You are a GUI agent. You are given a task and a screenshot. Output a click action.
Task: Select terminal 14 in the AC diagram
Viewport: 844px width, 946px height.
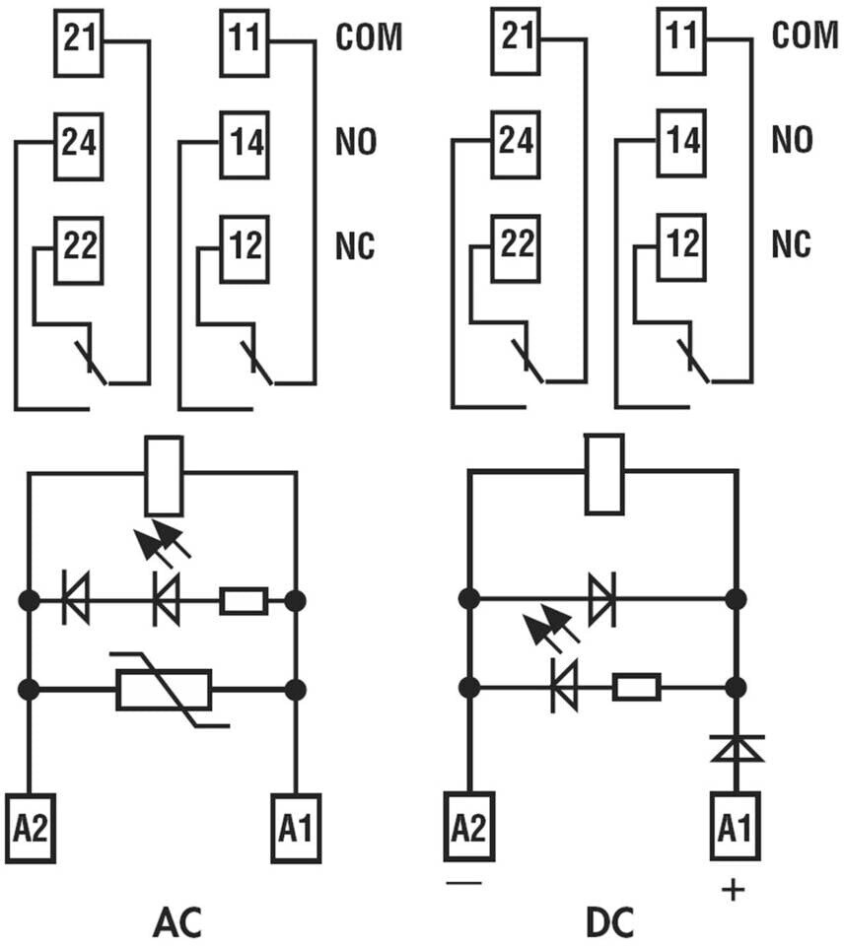pos(244,143)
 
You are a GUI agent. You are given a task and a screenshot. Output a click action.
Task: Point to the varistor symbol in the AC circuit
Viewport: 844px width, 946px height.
pos(164,690)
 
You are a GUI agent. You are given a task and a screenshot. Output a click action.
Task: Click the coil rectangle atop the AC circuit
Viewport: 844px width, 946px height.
pos(164,478)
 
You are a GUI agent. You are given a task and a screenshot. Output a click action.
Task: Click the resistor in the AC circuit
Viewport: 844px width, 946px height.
pos(243,601)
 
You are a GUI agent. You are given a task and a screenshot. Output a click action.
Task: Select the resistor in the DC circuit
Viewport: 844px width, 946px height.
pos(636,687)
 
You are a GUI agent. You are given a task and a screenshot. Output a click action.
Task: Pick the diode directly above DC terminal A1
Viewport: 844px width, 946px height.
pos(735,749)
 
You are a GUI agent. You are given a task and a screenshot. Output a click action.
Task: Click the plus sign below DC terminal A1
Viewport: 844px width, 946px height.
pos(733,890)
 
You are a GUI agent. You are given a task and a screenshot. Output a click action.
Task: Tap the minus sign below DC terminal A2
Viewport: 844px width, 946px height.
pos(463,882)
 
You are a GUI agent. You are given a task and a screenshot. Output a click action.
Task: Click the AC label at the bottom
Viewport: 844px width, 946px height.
pos(177,922)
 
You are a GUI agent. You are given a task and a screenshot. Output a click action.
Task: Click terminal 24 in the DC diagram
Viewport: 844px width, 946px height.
pos(516,144)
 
